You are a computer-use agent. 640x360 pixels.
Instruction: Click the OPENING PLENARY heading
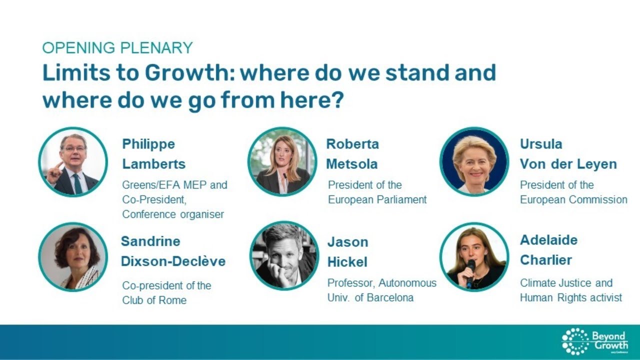click(117, 48)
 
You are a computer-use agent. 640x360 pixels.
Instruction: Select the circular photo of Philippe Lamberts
click(73, 162)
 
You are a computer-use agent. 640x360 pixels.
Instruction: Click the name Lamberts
click(153, 164)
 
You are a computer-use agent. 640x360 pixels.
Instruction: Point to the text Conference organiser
click(173, 214)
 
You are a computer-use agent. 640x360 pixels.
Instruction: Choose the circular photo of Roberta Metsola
click(282, 162)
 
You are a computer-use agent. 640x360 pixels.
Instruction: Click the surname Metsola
click(352, 164)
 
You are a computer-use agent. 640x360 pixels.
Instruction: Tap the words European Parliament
click(377, 199)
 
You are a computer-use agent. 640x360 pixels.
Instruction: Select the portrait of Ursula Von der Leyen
click(474, 162)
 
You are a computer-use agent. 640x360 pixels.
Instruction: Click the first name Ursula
click(541, 144)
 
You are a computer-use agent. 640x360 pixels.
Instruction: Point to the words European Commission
click(573, 199)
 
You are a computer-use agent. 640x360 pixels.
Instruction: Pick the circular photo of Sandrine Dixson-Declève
click(73, 257)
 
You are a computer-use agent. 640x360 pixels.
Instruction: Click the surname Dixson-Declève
click(173, 261)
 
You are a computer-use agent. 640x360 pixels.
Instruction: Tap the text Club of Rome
click(154, 300)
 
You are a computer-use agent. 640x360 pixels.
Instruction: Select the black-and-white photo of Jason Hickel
click(284, 256)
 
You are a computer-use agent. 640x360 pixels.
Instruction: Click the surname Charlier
click(545, 260)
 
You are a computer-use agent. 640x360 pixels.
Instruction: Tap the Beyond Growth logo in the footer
click(594, 341)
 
